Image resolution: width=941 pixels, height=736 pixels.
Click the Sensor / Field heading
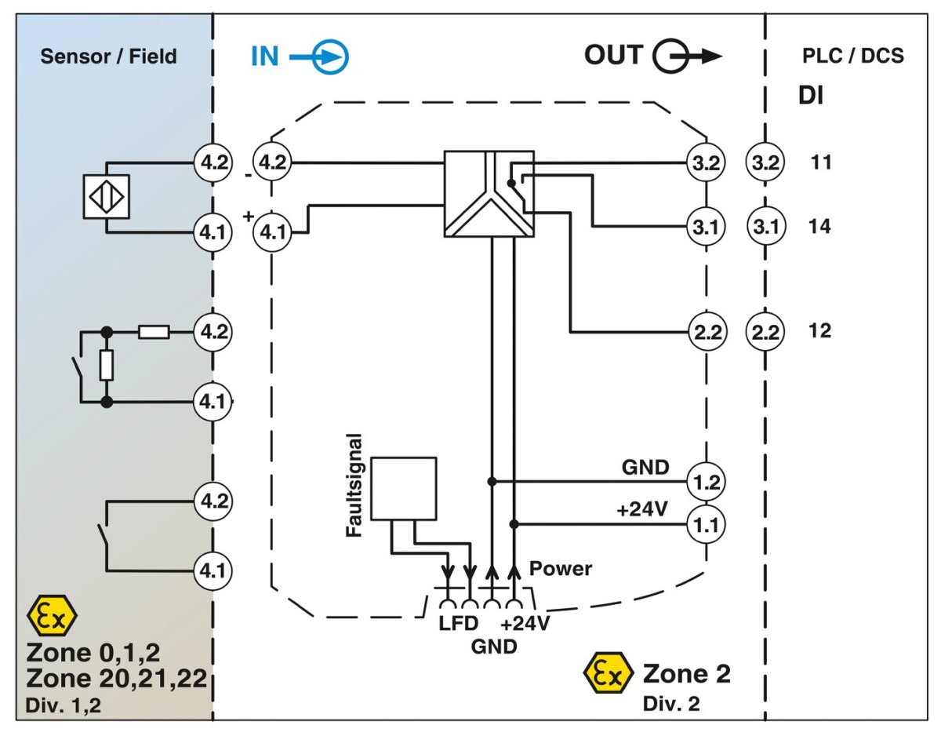click(x=108, y=56)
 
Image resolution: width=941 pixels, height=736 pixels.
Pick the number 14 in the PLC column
click(x=821, y=227)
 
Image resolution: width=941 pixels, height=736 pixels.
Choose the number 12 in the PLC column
click(x=821, y=330)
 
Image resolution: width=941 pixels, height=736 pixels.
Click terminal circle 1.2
click(x=706, y=480)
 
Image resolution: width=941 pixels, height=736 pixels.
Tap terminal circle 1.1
click(x=706, y=523)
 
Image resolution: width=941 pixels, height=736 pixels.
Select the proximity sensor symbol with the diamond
click(x=107, y=196)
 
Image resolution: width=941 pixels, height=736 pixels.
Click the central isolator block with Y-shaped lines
click(x=489, y=195)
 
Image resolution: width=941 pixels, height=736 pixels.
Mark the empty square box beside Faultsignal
click(x=403, y=488)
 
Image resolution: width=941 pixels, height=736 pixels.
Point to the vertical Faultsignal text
click(x=354, y=484)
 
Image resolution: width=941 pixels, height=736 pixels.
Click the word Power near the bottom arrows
click(x=561, y=568)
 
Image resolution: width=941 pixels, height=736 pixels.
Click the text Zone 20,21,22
click(x=116, y=677)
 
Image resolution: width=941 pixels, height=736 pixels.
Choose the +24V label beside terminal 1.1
click(x=642, y=509)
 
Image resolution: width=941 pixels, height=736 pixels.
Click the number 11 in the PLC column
click(x=821, y=163)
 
